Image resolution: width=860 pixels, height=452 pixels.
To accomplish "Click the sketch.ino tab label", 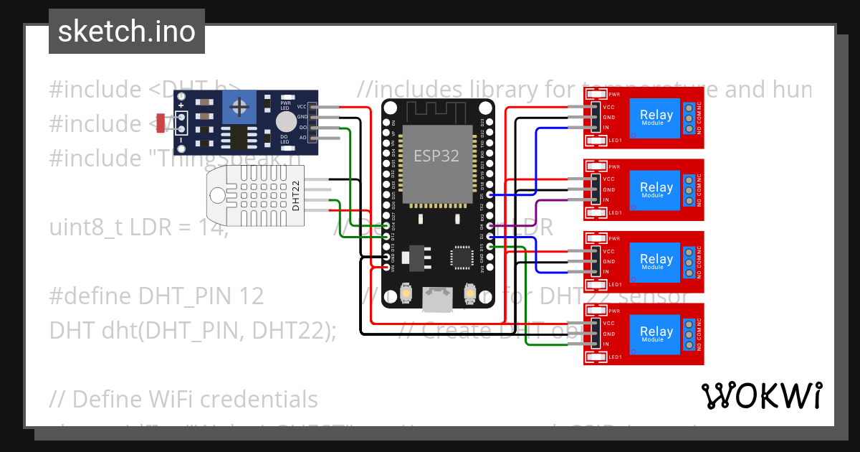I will coord(126,32).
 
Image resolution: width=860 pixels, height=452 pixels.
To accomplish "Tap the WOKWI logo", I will coord(761,395).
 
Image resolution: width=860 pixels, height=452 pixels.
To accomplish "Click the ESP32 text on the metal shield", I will coord(436,155).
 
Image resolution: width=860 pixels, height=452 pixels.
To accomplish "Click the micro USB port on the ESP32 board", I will coord(436,300).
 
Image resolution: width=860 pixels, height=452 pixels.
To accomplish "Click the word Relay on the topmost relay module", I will coord(656,115).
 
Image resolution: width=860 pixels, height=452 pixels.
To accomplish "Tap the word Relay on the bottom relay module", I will coord(656,331).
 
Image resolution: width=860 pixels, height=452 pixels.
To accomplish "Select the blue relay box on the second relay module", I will coord(654,190).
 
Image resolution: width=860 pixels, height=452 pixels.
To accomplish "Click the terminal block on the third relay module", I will coord(689,263).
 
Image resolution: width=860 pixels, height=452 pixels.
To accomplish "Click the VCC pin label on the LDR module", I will coord(302,106).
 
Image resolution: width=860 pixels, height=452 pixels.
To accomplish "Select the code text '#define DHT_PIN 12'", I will coord(156,296).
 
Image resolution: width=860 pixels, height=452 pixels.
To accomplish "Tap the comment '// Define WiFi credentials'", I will coord(183,399).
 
